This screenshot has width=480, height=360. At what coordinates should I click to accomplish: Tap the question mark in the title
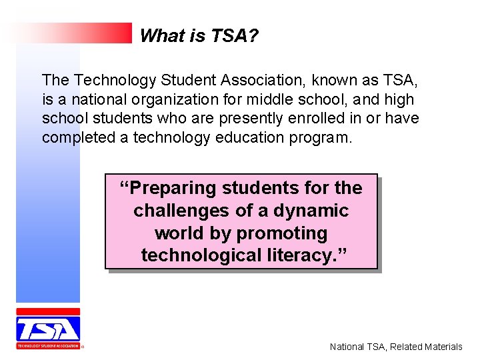[x=253, y=36]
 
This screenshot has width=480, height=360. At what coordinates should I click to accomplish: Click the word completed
[x=73, y=138]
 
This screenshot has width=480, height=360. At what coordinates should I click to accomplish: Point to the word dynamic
[x=311, y=211]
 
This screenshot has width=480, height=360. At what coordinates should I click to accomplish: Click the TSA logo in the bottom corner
[x=48, y=329]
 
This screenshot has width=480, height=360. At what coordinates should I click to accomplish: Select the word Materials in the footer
[x=439, y=347]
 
